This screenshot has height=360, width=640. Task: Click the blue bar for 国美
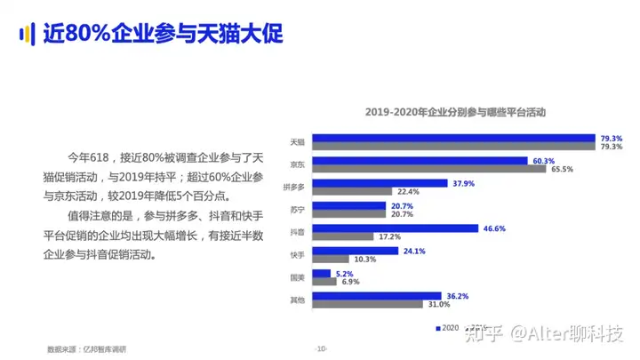(321, 274)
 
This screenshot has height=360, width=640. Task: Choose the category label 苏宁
(298, 210)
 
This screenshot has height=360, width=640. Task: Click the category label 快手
(298, 255)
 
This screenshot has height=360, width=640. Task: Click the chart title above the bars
(455, 113)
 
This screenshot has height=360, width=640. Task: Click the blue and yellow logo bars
(27, 33)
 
